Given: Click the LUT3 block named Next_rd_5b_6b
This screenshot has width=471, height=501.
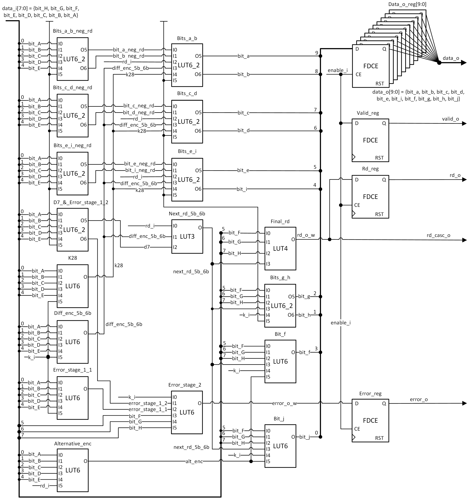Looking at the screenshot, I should (x=187, y=236).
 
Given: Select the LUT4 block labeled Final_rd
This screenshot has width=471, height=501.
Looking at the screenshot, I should (x=280, y=249).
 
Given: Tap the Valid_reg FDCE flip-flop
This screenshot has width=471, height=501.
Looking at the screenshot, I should (x=370, y=140).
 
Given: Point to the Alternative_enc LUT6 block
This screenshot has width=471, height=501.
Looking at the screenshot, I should (x=73, y=470).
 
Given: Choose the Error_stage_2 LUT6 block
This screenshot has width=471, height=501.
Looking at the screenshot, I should (x=187, y=412).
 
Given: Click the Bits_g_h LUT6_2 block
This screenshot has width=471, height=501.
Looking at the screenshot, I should (x=280, y=306).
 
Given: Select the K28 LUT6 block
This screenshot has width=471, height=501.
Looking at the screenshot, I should (x=73, y=286).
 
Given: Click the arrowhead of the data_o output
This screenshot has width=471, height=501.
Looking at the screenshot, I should (x=463, y=63).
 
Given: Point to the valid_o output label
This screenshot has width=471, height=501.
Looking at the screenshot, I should (x=450, y=119).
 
